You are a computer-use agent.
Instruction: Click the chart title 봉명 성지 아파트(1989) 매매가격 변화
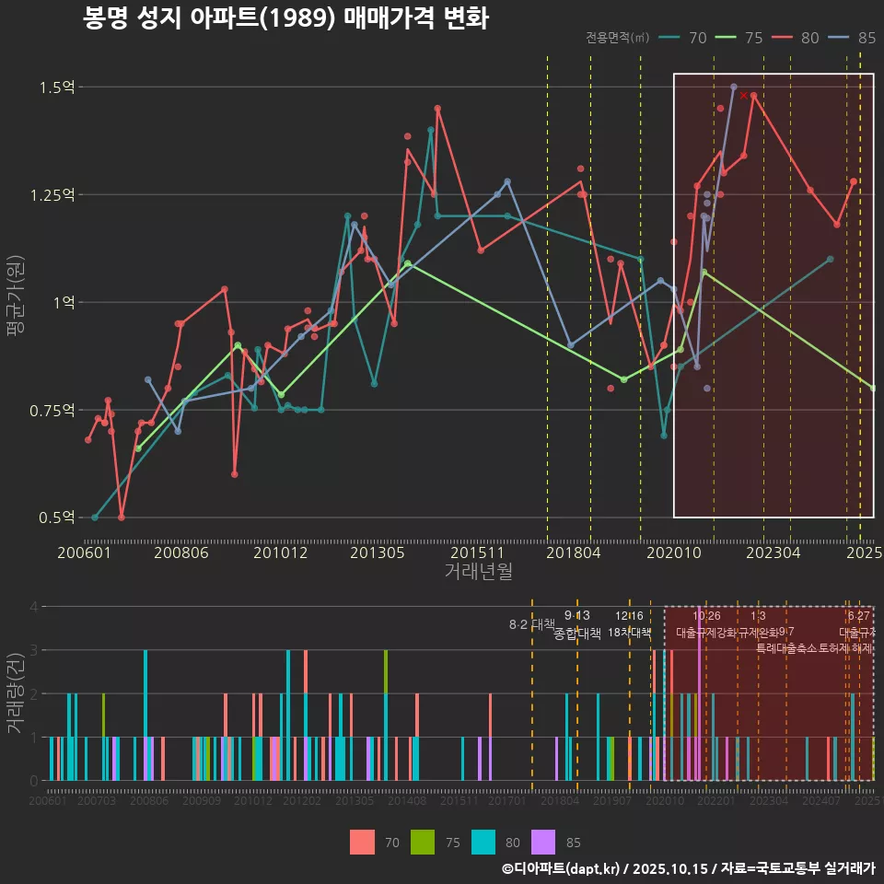[x=285, y=18]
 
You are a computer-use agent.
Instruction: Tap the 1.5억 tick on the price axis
[x=56, y=87]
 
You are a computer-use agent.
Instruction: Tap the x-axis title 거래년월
[x=478, y=572]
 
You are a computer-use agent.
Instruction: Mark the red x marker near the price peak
[x=743, y=95]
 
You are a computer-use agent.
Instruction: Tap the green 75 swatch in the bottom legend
[x=422, y=842]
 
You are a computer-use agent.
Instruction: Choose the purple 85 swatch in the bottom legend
[x=545, y=842]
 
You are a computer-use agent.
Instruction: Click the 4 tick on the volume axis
[x=33, y=607]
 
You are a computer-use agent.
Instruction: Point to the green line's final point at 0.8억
[x=872, y=388]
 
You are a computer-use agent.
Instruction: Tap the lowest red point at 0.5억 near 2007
[x=122, y=518]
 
